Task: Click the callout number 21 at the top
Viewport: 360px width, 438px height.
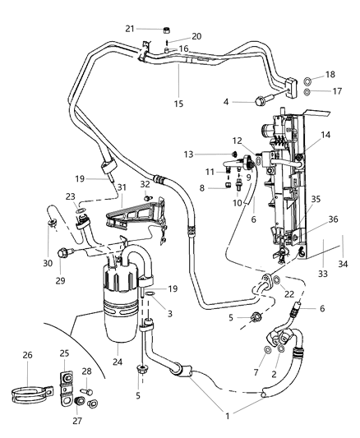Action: (130, 29)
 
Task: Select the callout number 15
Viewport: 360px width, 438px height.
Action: (178, 103)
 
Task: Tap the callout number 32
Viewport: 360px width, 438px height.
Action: (145, 185)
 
